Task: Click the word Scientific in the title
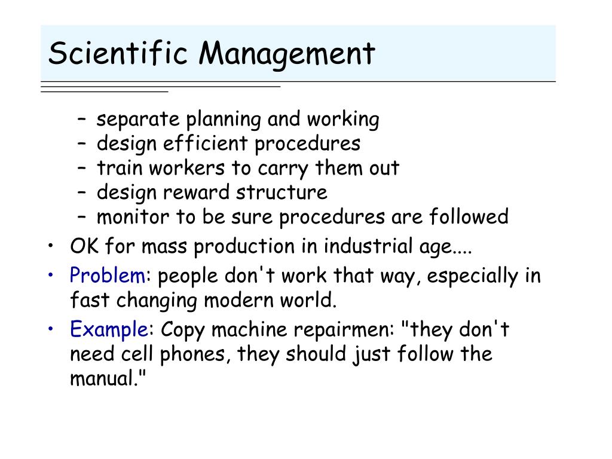pyautogui.click(x=118, y=53)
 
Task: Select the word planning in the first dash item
pyautogui.click(x=224, y=120)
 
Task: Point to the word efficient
pyautogui.click(x=206, y=143)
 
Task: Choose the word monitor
pyautogui.click(x=133, y=216)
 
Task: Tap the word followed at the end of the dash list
pyautogui.click(x=469, y=216)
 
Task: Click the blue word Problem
pyautogui.click(x=108, y=275)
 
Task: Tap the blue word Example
pyautogui.click(x=109, y=329)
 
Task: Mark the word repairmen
pyautogui.click(x=342, y=330)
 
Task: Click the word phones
pyautogui.click(x=192, y=354)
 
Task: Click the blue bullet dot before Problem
pyautogui.click(x=51, y=275)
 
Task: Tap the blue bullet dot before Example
pyautogui.click(x=51, y=329)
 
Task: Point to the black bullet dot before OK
pyautogui.click(x=51, y=246)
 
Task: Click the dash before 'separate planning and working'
pyautogui.click(x=81, y=118)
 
